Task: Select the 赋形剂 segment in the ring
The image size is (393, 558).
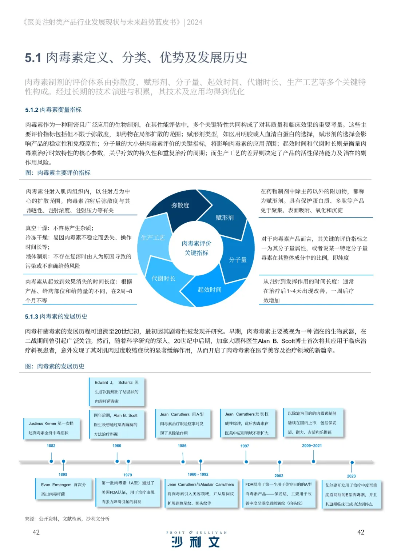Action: [225, 218]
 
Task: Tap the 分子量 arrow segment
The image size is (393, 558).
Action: [238, 259]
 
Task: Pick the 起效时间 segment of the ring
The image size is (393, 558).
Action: [209, 290]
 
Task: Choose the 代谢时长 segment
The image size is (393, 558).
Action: [163, 278]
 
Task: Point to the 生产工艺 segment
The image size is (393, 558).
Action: [153, 238]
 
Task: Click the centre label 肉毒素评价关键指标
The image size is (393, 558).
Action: [196, 248]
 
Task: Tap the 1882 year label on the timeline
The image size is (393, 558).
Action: [51, 446]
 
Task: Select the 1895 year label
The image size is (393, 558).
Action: [63, 474]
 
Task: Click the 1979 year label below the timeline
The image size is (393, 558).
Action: [128, 475]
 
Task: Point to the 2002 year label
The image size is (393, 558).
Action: [279, 476]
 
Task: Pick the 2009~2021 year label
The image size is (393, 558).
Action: [312, 446]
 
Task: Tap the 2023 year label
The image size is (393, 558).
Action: [351, 476]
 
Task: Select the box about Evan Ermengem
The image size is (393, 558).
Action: [63, 489]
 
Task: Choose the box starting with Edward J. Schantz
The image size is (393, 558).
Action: [116, 392]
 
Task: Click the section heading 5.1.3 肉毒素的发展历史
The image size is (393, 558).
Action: [56, 316]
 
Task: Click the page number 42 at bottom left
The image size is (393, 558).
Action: [36, 532]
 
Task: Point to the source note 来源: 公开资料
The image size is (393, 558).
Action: [67, 519]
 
